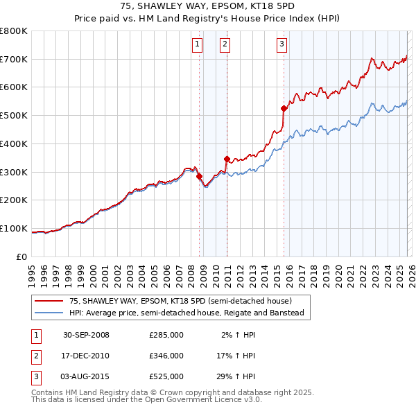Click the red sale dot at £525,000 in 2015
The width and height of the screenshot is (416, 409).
coord(284,108)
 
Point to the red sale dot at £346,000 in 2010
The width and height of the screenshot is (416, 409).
coord(227,159)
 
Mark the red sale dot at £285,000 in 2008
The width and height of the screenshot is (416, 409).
coord(200,176)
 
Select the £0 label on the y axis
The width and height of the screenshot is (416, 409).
coord(22,256)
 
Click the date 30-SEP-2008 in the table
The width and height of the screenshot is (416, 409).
coord(86,335)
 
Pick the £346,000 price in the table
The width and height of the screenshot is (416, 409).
coord(166,356)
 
